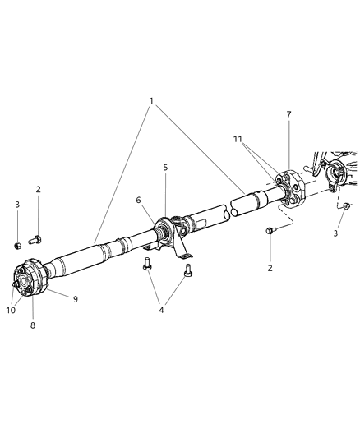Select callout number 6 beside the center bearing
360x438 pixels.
coord(138,200)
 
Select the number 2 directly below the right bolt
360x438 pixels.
coord(269,267)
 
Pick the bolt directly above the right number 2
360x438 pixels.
coord(269,233)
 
